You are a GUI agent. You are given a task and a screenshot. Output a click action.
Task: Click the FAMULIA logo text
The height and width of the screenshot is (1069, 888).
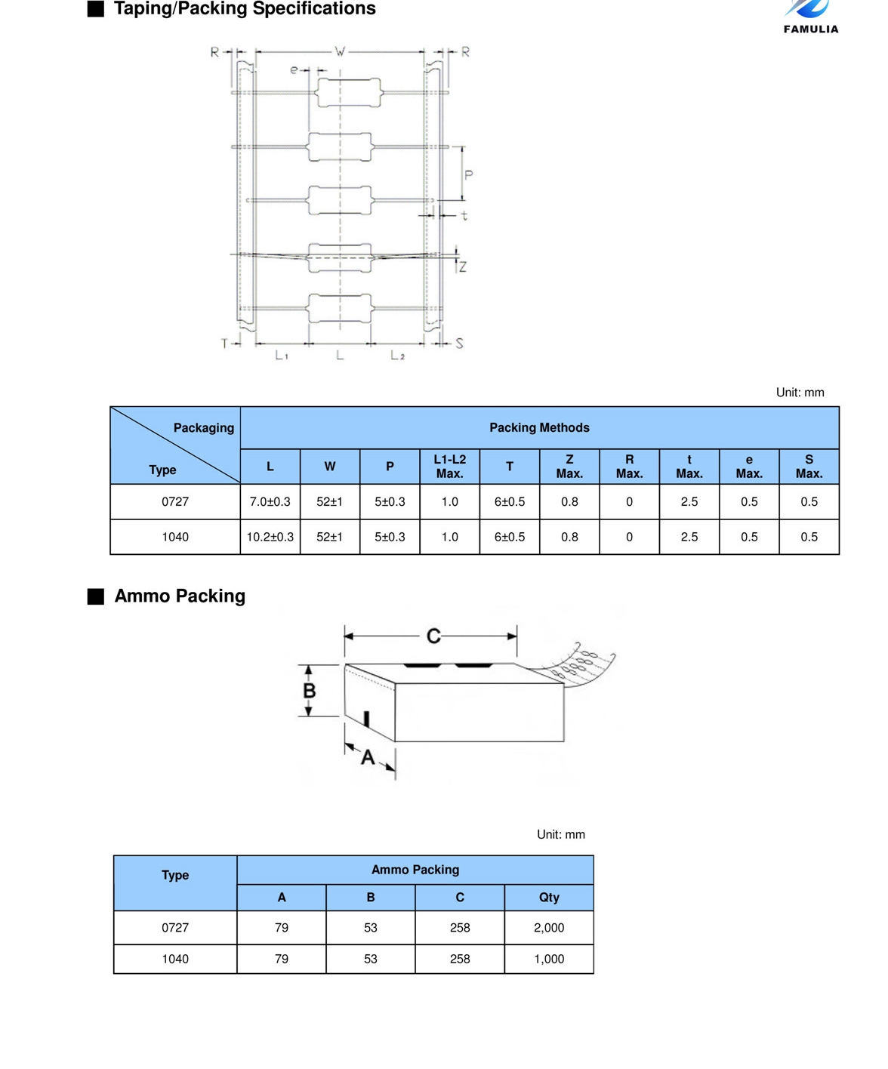[x=811, y=29]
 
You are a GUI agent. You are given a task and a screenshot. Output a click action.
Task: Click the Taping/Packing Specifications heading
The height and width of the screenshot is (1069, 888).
[x=245, y=9]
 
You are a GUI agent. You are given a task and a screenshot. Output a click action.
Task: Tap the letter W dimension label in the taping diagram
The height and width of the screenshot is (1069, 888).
[x=340, y=51]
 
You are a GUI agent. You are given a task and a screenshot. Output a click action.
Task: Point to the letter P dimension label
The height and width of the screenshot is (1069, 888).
[x=468, y=175]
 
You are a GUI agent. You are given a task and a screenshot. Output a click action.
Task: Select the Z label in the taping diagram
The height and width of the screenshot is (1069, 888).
[x=462, y=266]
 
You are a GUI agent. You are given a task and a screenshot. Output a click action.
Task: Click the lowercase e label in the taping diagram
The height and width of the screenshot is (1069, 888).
[x=294, y=69]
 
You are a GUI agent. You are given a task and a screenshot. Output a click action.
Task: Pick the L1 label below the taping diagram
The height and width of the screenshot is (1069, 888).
[x=282, y=354]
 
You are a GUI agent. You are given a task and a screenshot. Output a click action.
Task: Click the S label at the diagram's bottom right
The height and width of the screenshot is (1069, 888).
[x=459, y=343]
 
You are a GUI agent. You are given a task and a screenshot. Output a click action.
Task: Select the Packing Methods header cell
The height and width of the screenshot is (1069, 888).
[x=539, y=427]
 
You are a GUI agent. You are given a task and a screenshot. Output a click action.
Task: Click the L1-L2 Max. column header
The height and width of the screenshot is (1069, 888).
[x=449, y=467]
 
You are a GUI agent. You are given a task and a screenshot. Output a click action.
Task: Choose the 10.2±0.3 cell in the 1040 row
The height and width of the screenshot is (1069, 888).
[x=270, y=537]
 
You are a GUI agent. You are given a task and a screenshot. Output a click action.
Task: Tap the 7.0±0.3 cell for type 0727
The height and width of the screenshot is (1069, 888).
[x=270, y=501]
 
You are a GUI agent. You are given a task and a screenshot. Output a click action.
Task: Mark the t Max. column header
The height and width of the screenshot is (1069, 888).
[x=689, y=467]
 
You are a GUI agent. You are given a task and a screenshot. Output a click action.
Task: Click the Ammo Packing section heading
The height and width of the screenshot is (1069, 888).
[x=180, y=596]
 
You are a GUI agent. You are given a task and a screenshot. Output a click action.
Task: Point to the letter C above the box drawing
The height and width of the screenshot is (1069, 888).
[x=433, y=636]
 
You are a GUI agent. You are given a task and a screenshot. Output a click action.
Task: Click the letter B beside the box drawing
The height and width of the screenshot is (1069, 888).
[x=310, y=691]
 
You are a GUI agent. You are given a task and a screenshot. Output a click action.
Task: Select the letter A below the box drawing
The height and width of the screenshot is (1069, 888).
[x=368, y=756]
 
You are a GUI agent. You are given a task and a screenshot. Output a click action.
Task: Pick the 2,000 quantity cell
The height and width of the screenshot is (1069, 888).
[x=549, y=927]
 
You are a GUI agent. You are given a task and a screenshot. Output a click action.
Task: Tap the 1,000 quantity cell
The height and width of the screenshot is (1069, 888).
[x=549, y=959]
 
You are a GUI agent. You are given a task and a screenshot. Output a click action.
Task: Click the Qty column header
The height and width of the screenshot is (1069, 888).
[x=549, y=897]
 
